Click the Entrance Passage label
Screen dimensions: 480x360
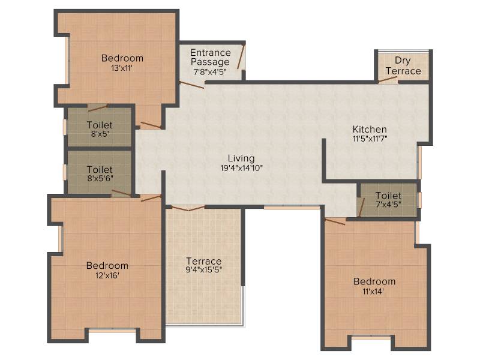[211, 57]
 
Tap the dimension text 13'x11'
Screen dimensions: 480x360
[122, 68]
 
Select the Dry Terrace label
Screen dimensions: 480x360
[403, 65]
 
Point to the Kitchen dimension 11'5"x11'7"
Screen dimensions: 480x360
[370, 139]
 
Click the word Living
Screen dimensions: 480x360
[241, 158]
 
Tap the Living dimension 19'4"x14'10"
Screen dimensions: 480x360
[242, 168]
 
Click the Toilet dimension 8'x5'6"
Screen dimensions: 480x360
[100, 178]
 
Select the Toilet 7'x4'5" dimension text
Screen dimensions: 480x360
[388, 204]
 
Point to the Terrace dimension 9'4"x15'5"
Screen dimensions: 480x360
[204, 269]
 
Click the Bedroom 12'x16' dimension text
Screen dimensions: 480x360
[107, 275]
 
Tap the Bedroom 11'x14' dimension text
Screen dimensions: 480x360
[373, 292]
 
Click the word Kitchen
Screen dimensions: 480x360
[370, 129]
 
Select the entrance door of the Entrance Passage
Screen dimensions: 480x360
[241, 57]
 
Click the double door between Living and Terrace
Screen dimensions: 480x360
[188, 208]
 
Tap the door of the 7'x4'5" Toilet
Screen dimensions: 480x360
[362, 208]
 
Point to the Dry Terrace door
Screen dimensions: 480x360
[388, 79]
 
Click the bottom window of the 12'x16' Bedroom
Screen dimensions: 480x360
[112, 331]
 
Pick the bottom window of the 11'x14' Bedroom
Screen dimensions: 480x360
[371, 338]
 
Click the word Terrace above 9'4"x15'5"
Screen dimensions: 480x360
[204, 261]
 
